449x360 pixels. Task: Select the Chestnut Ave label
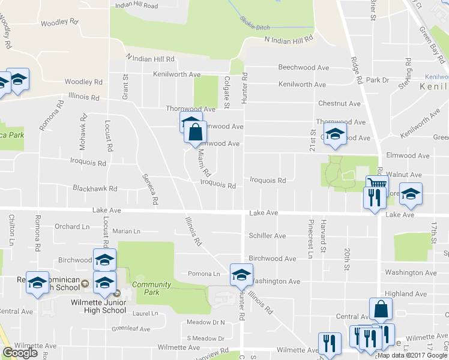tap(339, 104)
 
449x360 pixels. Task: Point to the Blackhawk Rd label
tap(94, 188)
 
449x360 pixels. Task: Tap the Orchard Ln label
tap(71, 227)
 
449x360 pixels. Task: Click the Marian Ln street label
tap(126, 231)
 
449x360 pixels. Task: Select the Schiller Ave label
tap(267, 236)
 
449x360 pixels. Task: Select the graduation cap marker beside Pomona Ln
tap(241, 274)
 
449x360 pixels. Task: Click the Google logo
tap(20, 353)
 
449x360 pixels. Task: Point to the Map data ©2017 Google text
tap(412, 355)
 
